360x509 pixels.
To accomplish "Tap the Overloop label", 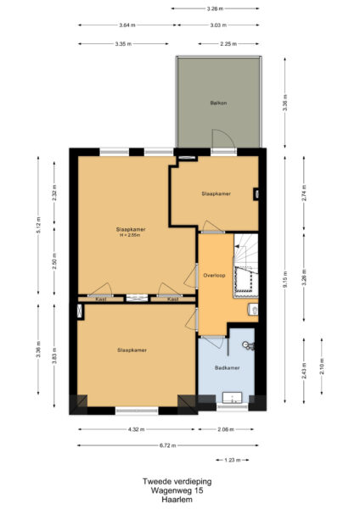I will click(214, 276).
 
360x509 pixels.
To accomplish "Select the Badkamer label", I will click(227, 367).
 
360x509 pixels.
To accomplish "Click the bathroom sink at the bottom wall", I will click(232, 396).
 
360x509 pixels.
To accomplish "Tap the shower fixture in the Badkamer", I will click(247, 345).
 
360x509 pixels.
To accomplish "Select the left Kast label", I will click(100, 299).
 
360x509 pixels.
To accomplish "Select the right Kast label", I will click(172, 299).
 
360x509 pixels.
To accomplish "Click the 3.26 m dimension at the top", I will click(217, 8).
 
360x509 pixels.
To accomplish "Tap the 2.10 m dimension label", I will click(321, 366).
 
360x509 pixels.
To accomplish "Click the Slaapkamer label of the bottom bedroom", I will click(132, 350).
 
